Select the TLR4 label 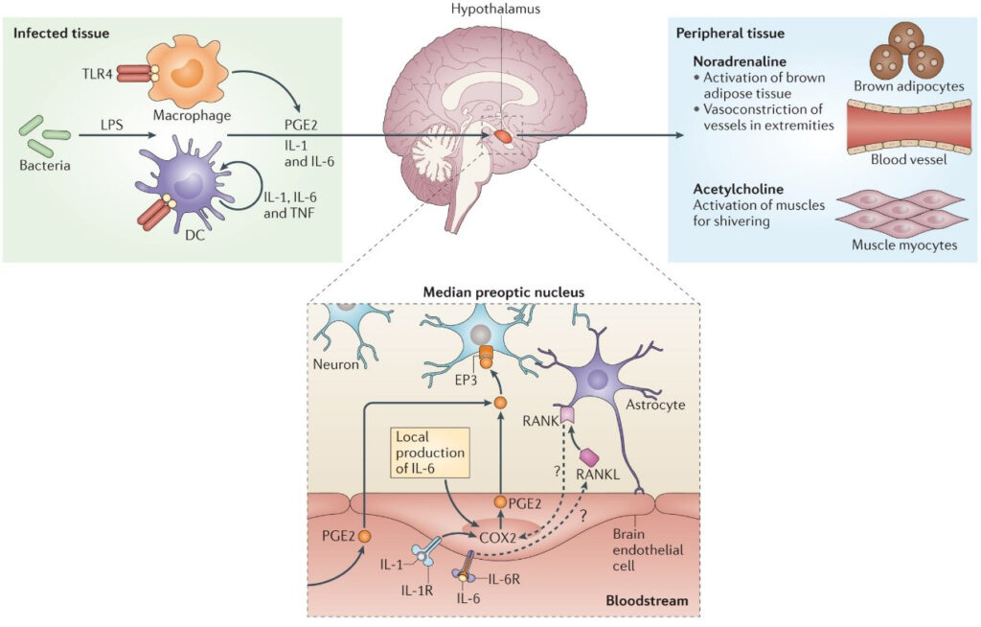pyautogui.click(x=97, y=75)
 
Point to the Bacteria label pyautogui.click(x=44, y=166)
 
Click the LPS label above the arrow pyautogui.click(x=112, y=125)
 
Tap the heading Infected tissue pyautogui.click(x=61, y=34)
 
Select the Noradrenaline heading pyautogui.click(x=740, y=61)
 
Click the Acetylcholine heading pyautogui.click(x=739, y=189)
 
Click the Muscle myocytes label pyautogui.click(x=904, y=244)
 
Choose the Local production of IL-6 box pyautogui.click(x=430, y=453)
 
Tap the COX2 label pyautogui.click(x=497, y=538)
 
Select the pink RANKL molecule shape pyautogui.click(x=589, y=458)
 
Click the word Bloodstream pyautogui.click(x=647, y=601)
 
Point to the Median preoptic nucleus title pyautogui.click(x=504, y=291)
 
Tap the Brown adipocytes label pyautogui.click(x=909, y=86)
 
